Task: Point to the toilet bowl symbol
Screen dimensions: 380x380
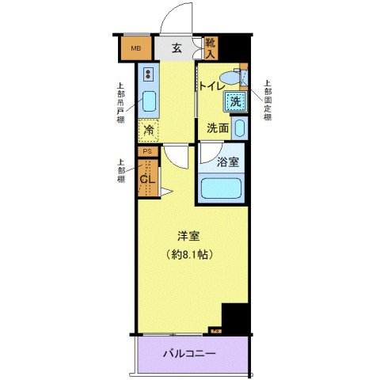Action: click(x=230, y=77)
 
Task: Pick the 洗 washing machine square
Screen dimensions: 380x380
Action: click(x=235, y=101)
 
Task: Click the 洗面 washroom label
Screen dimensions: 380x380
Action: click(x=218, y=127)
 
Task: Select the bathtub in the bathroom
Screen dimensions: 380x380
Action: click(x=223, y=188)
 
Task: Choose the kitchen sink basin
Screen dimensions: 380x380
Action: click(x=148, y=102)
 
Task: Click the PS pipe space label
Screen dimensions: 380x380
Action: click(x=146, y=151)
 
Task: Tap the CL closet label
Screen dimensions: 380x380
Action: click(x=146, y=179)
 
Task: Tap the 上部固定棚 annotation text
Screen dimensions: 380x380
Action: click(x=267, y=101)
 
